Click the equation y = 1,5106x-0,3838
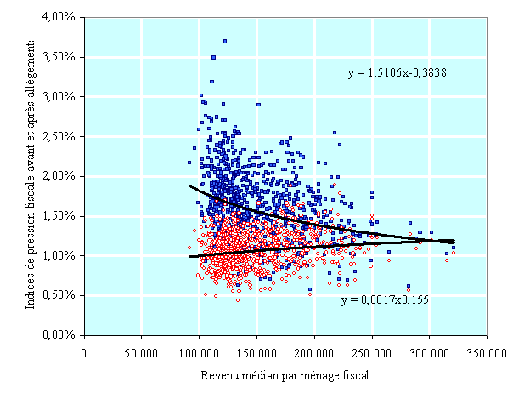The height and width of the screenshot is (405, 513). pos(397,73)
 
